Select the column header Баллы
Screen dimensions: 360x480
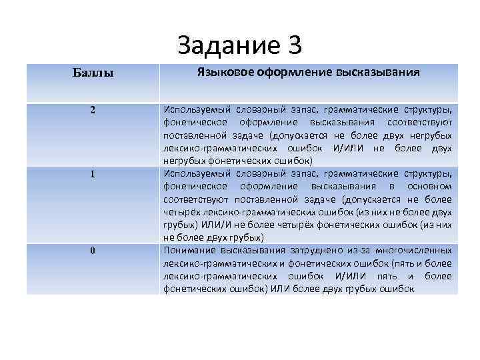[x=93, y=72]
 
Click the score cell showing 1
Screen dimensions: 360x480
[x=93, y=174]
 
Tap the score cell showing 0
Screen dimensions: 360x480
[x=93, y=250]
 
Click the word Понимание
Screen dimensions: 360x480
[x=189, y=250]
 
